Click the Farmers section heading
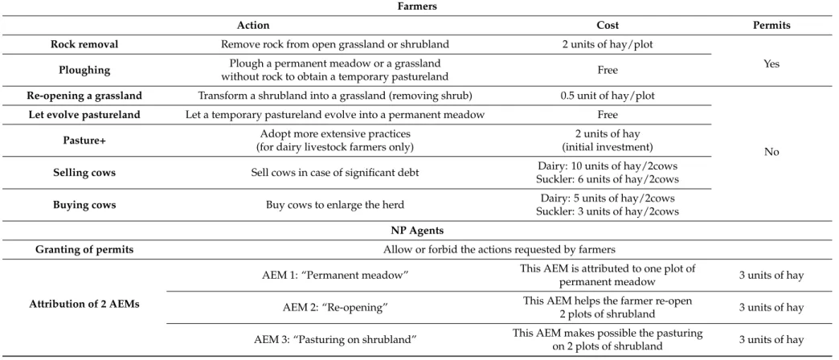coord(417,6)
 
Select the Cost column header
coord(608,25)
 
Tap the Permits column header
coord(771,25)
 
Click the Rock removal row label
coord(84,44)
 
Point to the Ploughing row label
coord(84,70)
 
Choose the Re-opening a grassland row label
coord(84,96)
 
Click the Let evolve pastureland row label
coord(84,114)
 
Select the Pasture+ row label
coord(84,141)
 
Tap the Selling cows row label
coord(84,173)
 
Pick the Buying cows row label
coord(84,205)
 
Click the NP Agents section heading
coord(417,231)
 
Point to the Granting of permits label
coord(84,250)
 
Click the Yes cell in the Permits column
coord(771,63)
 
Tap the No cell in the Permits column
coord(771,152)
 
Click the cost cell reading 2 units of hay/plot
coord(608,44)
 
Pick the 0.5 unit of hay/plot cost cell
coord(608,96)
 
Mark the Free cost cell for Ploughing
coord(608,70)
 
